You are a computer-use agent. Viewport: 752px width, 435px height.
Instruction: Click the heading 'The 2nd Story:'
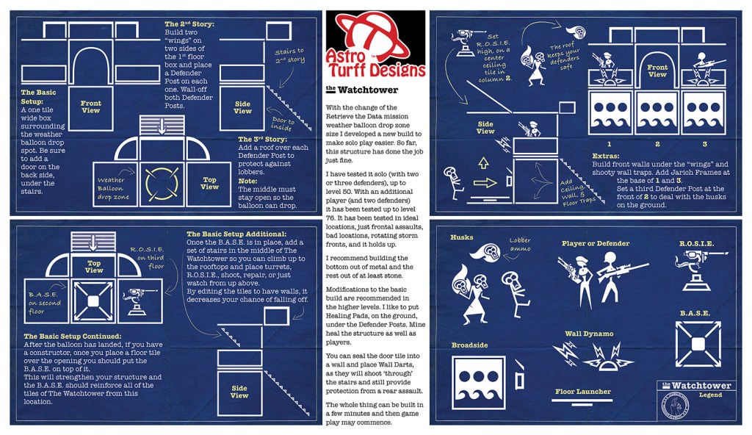click(x=189, y=24)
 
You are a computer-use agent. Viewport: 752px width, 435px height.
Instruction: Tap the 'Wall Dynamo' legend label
click(x=588, y=334)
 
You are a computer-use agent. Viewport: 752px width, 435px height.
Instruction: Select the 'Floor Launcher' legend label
click(x=582, y=392)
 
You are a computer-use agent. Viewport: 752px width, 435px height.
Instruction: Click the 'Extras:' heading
click(x=607, y=157)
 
